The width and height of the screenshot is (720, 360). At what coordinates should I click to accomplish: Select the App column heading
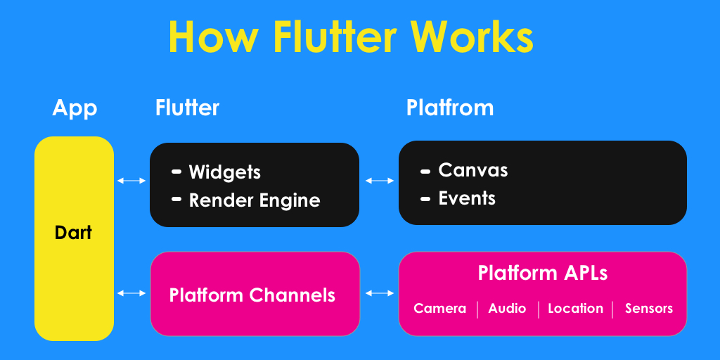click(x=75, y=108)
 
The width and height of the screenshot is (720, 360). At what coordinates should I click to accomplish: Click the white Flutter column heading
click(x=187, y=108)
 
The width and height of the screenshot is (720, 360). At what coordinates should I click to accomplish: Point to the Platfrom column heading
click(x=450, y=108)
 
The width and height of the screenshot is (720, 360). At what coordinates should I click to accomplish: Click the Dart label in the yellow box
click(x=73, y=232)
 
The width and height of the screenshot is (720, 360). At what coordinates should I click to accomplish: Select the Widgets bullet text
click(x=224, y=172)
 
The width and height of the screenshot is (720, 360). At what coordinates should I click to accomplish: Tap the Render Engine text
click(x=255, y=200)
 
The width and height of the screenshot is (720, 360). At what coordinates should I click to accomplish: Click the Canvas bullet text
click(x=472, y=170)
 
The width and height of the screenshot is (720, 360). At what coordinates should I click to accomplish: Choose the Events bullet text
click(x=467, y=198)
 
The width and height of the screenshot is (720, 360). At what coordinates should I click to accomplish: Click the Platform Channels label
click(x=252, y=295)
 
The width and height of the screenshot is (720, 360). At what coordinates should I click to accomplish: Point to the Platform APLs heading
click(x=543, y=273)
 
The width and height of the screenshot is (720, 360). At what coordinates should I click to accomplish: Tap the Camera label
click(x=439, y=309)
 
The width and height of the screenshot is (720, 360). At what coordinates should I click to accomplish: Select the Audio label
click(x=507, y=309)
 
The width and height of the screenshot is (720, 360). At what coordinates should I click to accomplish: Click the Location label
click(x=575, y=309)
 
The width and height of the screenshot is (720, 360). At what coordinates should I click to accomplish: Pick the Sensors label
click(x=648, y=309)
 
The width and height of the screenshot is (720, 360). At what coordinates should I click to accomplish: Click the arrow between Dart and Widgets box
click(x=131, y=181)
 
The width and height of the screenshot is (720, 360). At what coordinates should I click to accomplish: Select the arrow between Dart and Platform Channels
click(x=131, y=293)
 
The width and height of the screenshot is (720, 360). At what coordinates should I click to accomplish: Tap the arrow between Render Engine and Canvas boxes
click(x=380, y=181)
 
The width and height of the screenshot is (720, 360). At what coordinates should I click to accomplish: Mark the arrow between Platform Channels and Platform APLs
click(x=380, y=293)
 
